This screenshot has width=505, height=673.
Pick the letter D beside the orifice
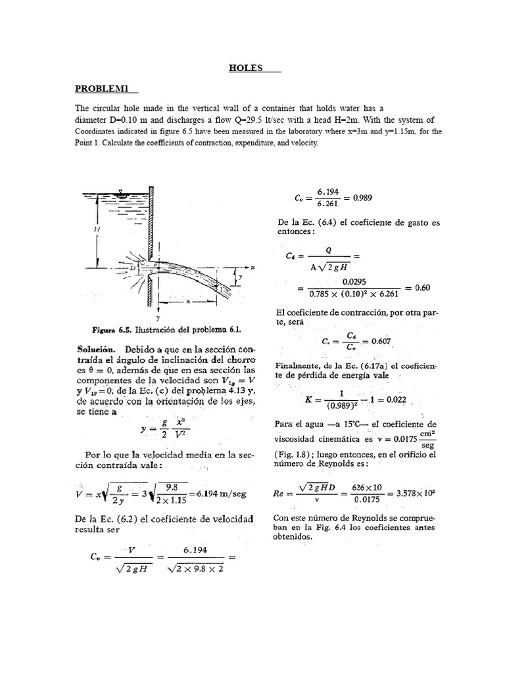tap(132, 269)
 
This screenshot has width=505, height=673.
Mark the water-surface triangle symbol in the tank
tap(118, 193)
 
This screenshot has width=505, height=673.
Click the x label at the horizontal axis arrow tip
tap(252, 267)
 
